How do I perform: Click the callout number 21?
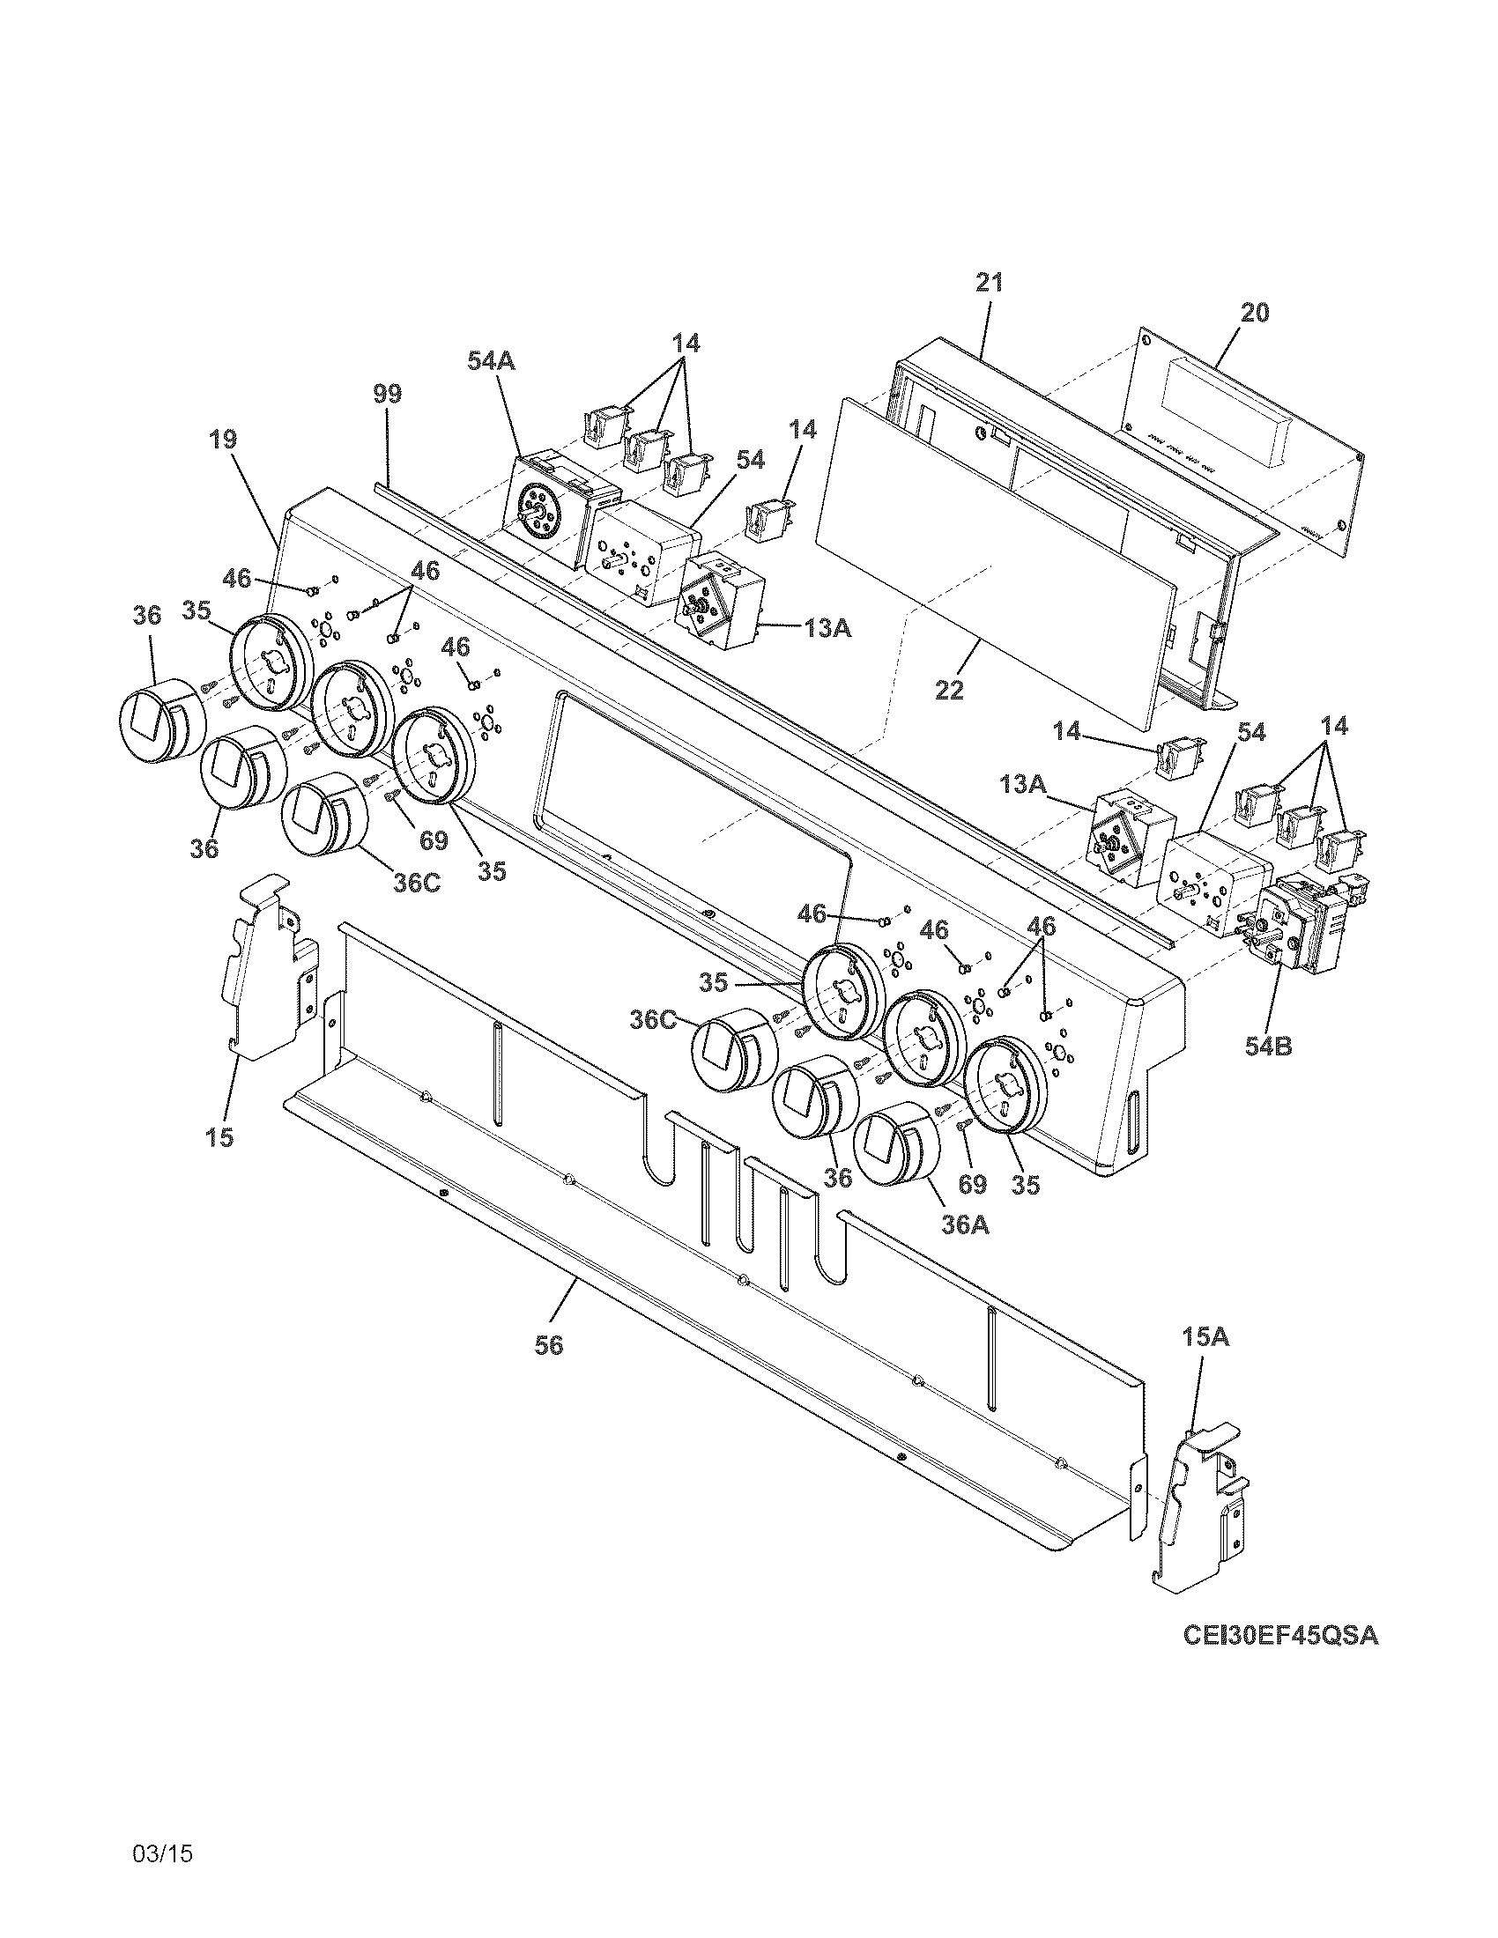pyautogui.click(x=989, y=283)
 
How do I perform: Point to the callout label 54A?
pyautogui.click(x=492, y=361)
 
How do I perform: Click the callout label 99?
pyautogui.click(x=387, y=393)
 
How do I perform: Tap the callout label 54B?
pyautogui.click(x=1266, y=1047)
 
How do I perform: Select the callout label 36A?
pyautogui.click(x=966, y=1224)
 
